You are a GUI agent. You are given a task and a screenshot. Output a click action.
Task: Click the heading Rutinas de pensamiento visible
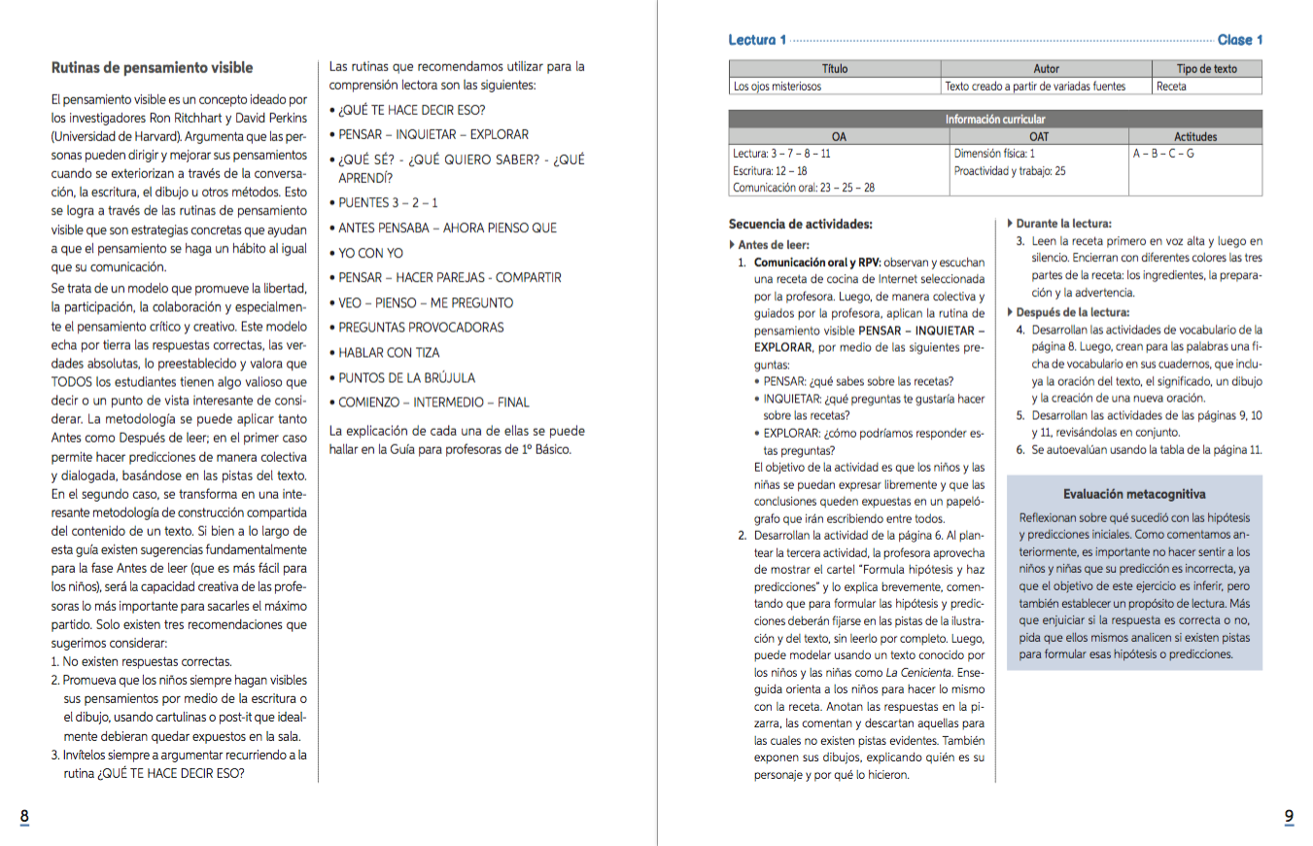pos(152,68)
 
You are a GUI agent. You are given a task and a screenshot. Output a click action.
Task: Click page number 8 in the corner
pos(24,817)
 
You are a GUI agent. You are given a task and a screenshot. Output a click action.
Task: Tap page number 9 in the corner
pos(1289,817)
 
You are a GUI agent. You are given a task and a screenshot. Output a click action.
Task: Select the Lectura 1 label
pos(757,40)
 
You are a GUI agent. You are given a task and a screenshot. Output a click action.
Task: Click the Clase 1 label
pos(1240,40)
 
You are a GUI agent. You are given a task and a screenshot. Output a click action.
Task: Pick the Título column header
pos(835,69)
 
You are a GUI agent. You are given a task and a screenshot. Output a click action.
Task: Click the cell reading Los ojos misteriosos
pos(777,87)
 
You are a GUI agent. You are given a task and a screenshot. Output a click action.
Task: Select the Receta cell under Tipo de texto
pos(1171,87)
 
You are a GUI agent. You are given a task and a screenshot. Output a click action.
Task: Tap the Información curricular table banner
pos(995,120)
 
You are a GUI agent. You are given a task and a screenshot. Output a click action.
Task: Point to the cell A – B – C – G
pos(1163,154)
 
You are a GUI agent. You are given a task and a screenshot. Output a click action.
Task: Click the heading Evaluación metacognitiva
pos(1134,494)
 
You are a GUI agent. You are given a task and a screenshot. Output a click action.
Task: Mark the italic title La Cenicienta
pos(918,673)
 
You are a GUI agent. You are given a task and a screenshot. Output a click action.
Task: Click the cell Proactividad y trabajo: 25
pos(1010,170)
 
